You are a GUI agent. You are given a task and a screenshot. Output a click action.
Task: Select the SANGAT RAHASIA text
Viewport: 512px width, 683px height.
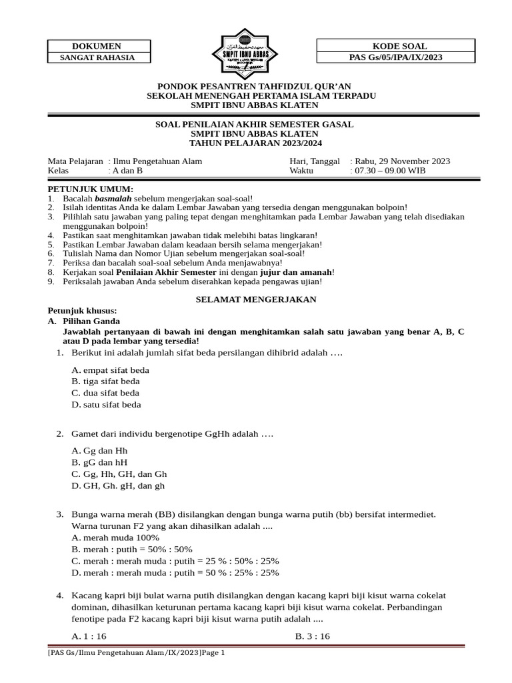tap(99, 57)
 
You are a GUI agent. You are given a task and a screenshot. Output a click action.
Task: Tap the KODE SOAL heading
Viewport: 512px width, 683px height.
tap(396, 46)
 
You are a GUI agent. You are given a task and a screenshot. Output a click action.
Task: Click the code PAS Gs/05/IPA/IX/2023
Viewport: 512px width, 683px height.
tap(396, 57)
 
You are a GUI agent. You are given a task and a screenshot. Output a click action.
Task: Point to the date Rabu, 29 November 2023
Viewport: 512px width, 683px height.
tap(401, 161)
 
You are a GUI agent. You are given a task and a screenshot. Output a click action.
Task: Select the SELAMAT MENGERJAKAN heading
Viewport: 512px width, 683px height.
tap(255, 299)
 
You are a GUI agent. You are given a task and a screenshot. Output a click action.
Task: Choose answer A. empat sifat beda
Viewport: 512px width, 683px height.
tap(110, 370)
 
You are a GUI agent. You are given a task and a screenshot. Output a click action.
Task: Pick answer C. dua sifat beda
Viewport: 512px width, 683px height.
tap(105, 393)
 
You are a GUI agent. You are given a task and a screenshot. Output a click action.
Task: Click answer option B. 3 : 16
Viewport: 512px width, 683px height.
tap(313, 636)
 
